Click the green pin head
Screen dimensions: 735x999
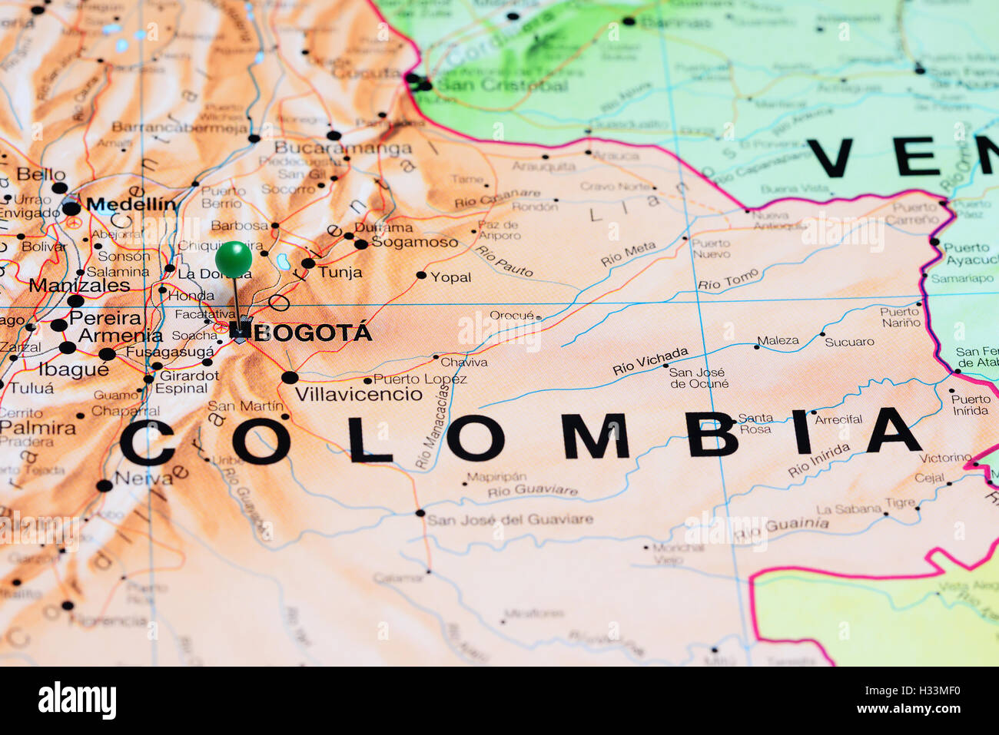point(233,259)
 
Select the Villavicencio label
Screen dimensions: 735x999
point(359,395)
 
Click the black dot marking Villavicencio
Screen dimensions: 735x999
point(290,377)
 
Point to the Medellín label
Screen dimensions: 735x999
point(131,204)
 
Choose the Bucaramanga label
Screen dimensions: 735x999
point(343,147)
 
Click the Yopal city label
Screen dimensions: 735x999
point(451,277)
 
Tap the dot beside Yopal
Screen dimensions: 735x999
point(421,275)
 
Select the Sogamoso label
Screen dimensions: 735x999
point(414,242)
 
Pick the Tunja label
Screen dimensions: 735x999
point(340,272)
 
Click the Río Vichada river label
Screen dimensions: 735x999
point(650,361)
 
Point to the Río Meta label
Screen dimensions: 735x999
point(628,253)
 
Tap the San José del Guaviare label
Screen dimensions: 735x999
point(510,520)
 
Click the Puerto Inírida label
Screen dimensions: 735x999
point(971,405)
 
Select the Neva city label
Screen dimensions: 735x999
point(144,478)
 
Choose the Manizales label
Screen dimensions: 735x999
point(80,286)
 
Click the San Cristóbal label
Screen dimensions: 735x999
point(501,85)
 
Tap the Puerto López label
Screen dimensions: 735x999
point(420,379)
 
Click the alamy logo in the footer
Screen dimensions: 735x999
point(77,700)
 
